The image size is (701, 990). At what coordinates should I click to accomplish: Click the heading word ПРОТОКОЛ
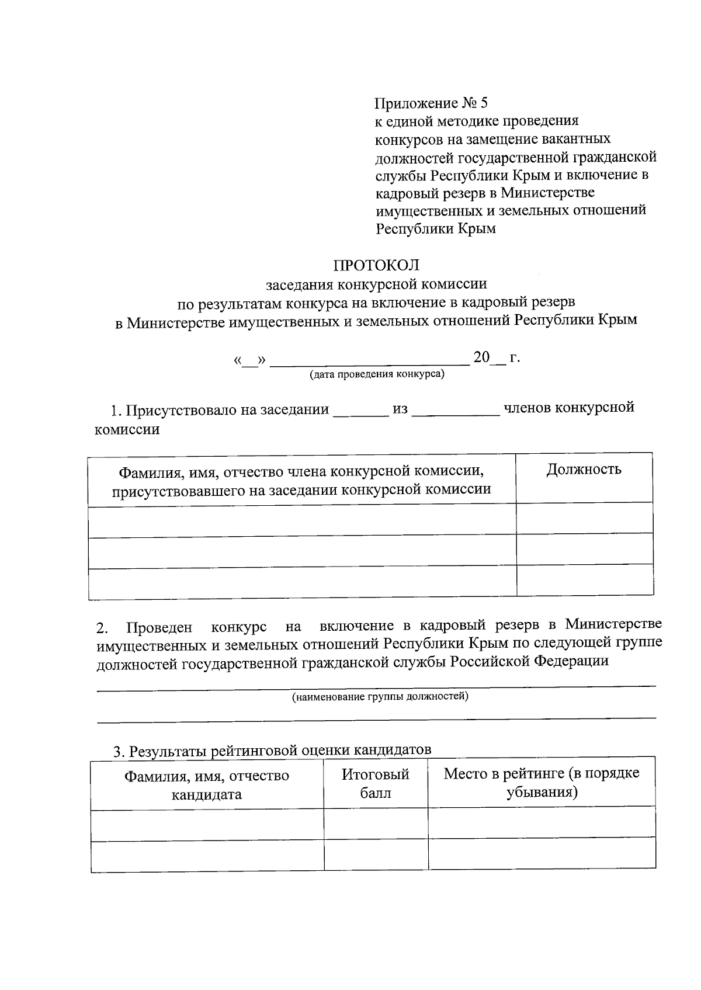click(376, 266)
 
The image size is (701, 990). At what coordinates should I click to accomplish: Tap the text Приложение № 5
click(431, 103)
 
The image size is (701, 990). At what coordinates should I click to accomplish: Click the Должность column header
click(584, 470)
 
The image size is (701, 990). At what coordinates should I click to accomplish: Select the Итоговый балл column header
click(375, 784)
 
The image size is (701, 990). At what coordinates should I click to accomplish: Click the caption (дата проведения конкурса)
click(377, 374)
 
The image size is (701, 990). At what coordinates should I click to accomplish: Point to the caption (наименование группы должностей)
click(380, 697)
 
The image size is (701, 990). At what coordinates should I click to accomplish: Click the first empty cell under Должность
click(584, 518)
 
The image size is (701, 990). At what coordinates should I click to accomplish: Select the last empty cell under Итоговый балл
click(376, 856)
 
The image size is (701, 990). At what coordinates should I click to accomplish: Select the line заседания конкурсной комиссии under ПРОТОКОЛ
click(376, 284)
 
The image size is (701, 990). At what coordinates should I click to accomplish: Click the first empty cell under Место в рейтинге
click(542, 822)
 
